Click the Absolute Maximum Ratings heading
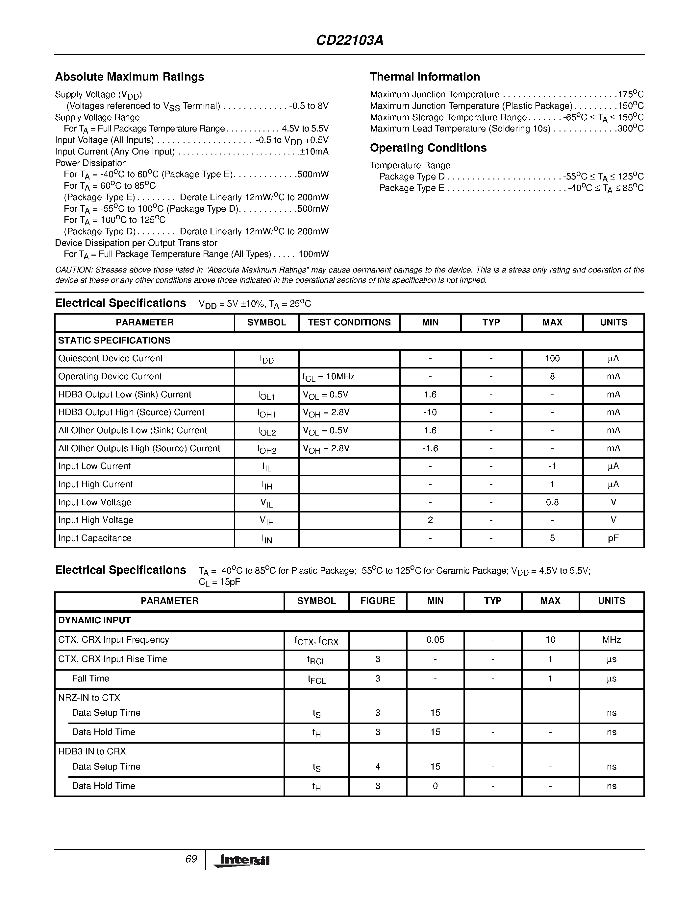point(130,77)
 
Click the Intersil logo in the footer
point(242,861)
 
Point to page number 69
point(191,859)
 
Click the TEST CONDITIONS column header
point(349,322)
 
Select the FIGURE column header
point(377,601)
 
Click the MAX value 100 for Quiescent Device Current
point(552,358)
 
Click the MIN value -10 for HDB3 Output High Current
point(430,412)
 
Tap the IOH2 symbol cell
point(267,449)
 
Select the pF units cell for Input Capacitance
point(613,538)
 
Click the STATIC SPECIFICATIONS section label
point(114,340)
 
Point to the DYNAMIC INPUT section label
point(94,620)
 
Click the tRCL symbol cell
point(316,660)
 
